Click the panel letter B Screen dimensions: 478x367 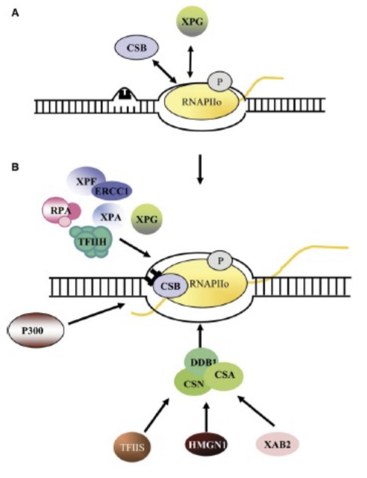pos(16,168)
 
